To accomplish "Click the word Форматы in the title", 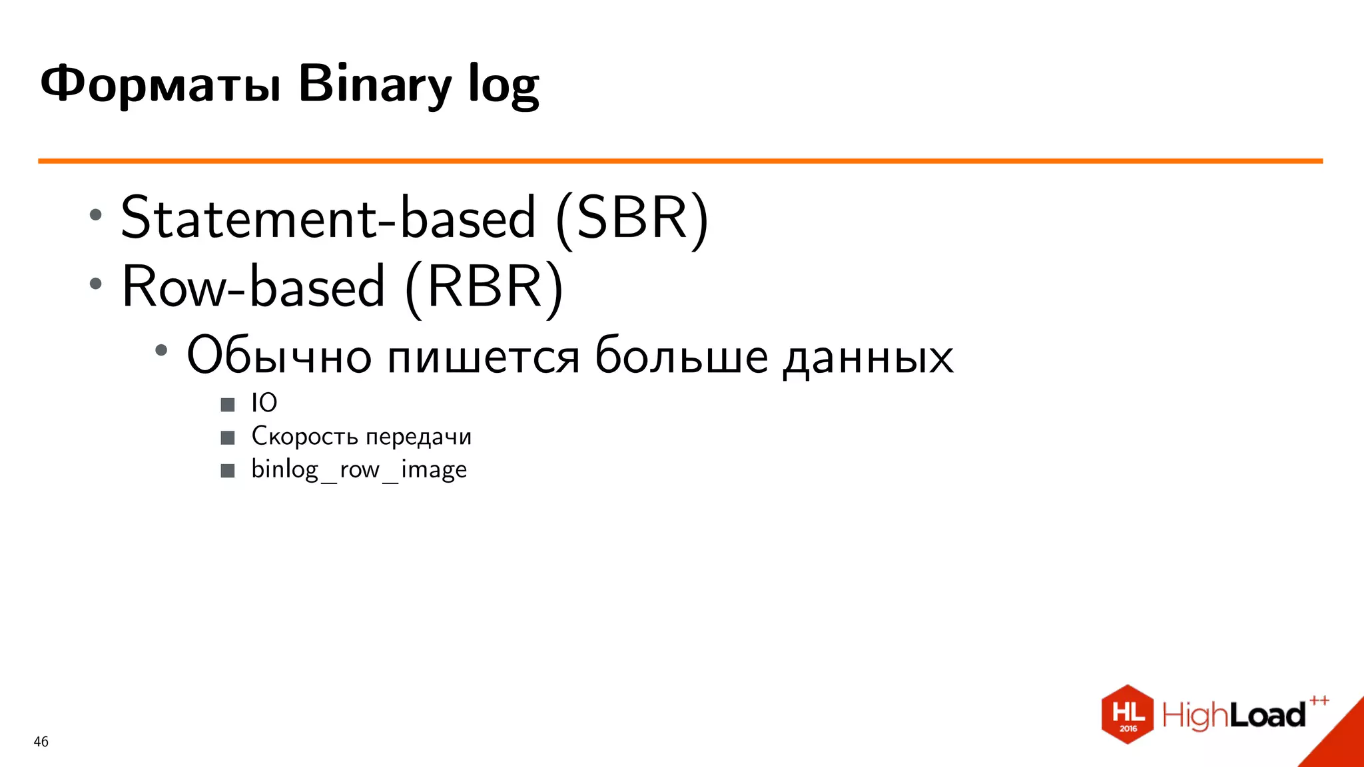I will pyautogui.click(x=160, y=85).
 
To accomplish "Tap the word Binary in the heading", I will pyautogui.click(x=375, y=85).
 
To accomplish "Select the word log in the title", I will pyautogui.click(x=504, y=85).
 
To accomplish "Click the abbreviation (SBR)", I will pyautogui.click(x=632, y=218).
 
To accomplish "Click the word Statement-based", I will pyautogui.click(x=328, y=218).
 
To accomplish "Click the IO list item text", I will pyautogui.click(x=264, y=403).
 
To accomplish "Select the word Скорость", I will pyautogui.click(x=304, y=436).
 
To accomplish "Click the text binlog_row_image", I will pyautogui.click(x=359, y=469).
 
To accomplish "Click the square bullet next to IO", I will pyautogui.click(x=228, y=404).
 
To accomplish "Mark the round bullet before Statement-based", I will pyautogui.click(x=96, y=214).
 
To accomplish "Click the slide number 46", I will pyautogui.click(x=41, y=742).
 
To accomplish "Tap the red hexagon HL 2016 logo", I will pyautogui.click(x=1127, y=714).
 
